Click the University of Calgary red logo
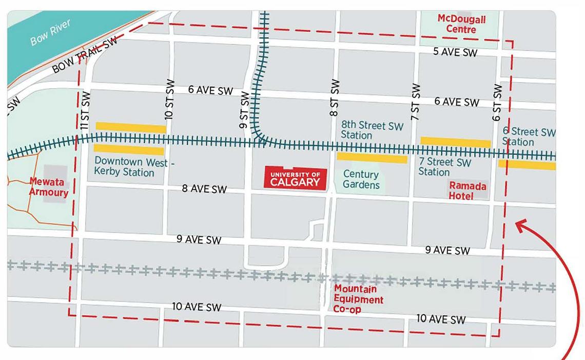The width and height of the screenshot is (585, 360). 295,178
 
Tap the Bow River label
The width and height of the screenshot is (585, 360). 50,33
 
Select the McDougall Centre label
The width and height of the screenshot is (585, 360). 461,24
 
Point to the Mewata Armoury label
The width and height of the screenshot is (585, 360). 48,187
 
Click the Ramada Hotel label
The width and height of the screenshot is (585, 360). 467,190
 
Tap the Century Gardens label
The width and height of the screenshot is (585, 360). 361,180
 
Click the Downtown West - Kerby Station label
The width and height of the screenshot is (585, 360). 134,166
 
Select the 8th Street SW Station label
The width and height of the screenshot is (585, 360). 372,130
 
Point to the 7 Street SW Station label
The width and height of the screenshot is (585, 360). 444,167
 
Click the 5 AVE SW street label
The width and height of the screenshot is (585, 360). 455,52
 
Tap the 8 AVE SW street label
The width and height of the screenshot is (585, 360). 204,189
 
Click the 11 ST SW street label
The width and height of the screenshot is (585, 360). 86,110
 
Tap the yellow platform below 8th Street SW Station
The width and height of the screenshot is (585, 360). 372,158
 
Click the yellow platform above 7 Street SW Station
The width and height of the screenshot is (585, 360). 456,142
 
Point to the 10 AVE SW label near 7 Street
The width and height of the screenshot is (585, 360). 441,319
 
